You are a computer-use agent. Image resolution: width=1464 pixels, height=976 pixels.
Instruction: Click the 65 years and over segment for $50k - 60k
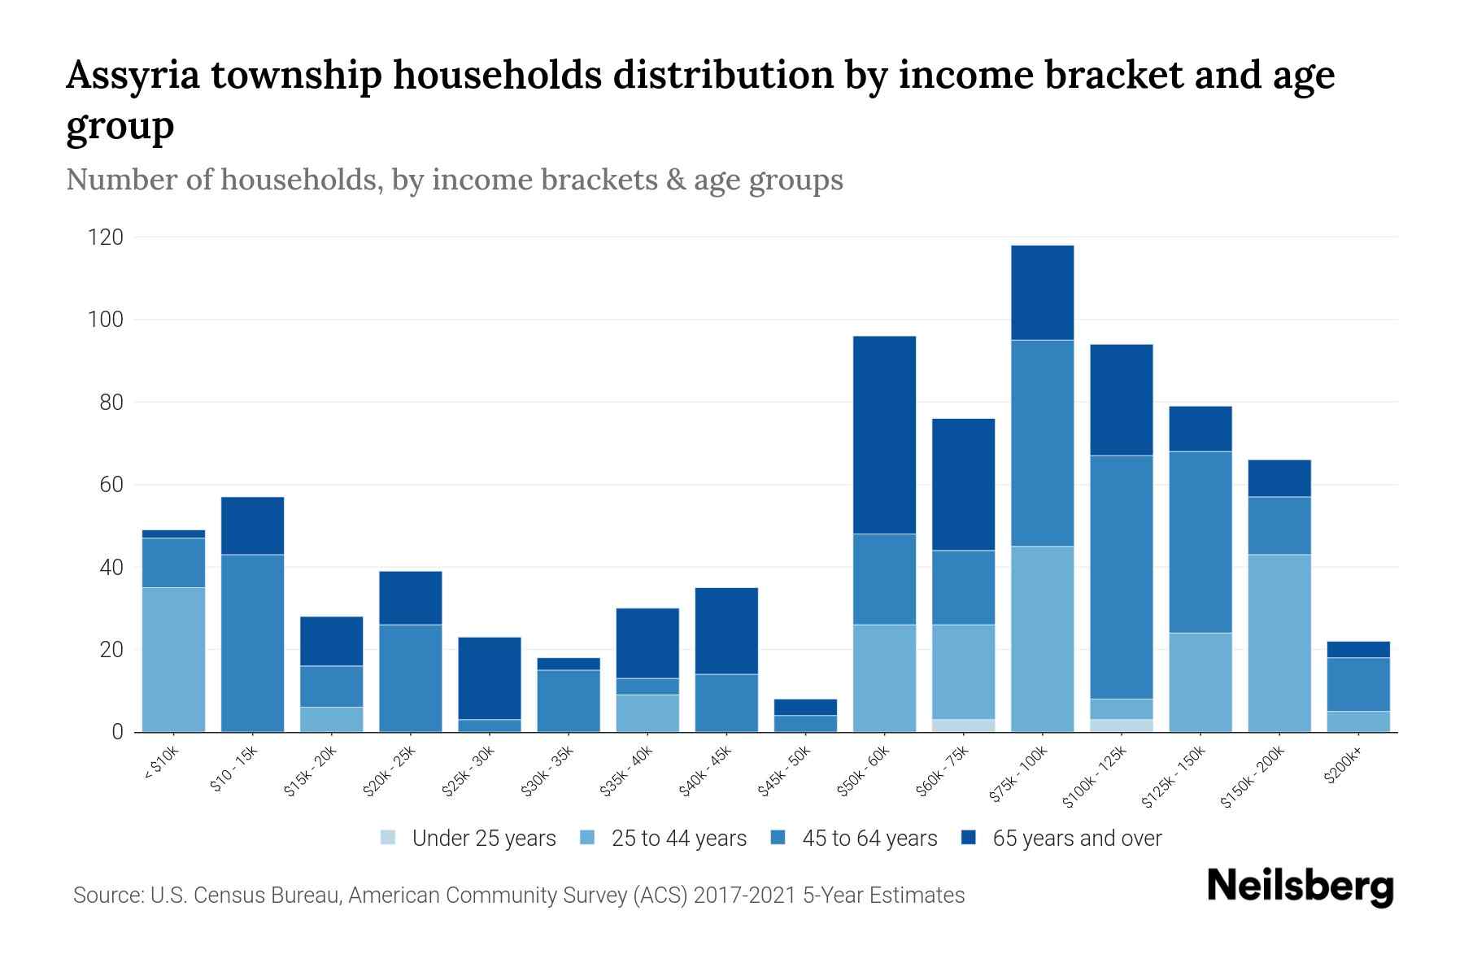coord(884,435)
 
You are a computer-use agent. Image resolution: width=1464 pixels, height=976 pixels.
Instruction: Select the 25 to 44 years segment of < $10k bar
coord(173,659)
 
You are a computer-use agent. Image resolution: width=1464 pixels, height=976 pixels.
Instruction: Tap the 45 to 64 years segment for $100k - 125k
coord(1121,577)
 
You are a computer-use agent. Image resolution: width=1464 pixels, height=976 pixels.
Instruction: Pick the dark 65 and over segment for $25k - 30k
coord(490,678)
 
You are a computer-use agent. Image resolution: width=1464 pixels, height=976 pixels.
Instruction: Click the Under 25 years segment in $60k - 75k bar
coord(963,725)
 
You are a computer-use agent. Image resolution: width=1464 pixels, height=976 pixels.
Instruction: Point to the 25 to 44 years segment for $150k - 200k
coord(1279,643)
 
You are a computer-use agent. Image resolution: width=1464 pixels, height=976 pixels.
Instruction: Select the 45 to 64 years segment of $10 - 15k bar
coord(252,643)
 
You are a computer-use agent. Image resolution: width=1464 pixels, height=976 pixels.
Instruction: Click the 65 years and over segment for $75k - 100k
coord(1042,293)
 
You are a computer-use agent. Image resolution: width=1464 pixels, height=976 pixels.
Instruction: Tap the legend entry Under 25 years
coord(468,839)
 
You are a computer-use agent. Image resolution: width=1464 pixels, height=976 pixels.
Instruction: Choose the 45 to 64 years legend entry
coord(854,839)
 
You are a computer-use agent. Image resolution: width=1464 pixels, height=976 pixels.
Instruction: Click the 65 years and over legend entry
coord(1061,839)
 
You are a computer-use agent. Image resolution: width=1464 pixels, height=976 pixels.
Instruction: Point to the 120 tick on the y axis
coord(106,237)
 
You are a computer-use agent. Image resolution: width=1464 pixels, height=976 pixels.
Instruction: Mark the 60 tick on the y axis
coord(111,485)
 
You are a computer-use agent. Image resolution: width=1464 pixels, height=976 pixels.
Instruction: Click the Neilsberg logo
coord(1300,887)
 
